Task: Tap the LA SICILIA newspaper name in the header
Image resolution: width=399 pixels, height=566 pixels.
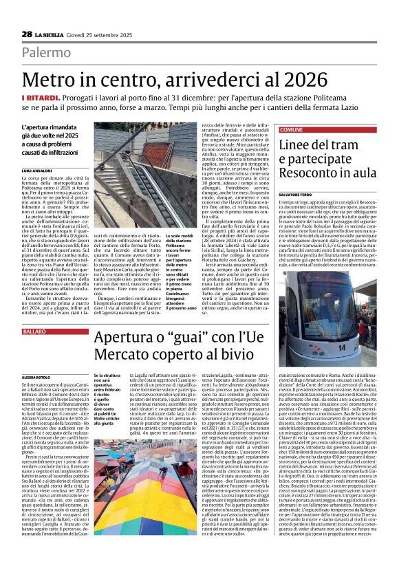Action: tap(50, 34)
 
